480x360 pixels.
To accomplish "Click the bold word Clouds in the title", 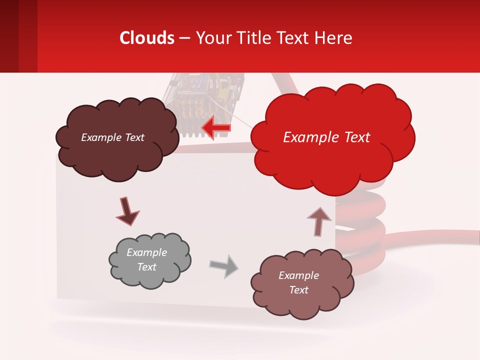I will [147, 38].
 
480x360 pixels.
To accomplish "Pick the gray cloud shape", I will [149, 260].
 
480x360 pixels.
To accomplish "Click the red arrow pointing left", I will [216, 127].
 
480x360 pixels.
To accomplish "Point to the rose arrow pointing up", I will [318, 220].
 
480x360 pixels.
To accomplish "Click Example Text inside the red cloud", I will [326, 137].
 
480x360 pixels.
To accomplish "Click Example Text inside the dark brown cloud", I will [112, 137].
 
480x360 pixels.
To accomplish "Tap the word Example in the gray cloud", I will [146, 252].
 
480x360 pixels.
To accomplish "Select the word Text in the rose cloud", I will [298, 290].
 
